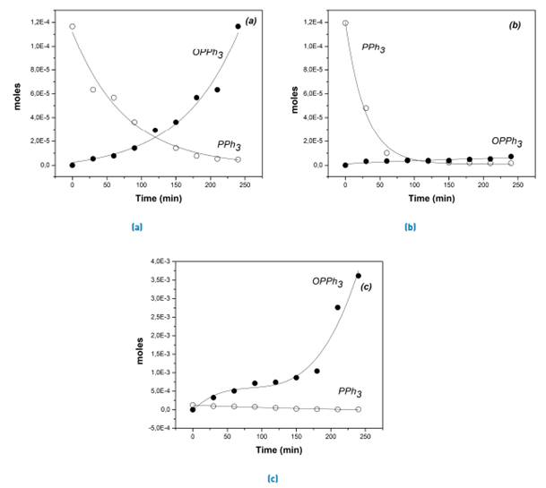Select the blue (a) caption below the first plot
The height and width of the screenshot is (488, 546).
tap(137, 227)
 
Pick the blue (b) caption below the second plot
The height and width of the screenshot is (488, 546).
tap(410, 227)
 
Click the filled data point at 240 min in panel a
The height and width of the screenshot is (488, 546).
tap(238, 27)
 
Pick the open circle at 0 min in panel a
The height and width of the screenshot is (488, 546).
tap(73, 27)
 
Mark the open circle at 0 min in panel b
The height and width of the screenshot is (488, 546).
tap(345, 23)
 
